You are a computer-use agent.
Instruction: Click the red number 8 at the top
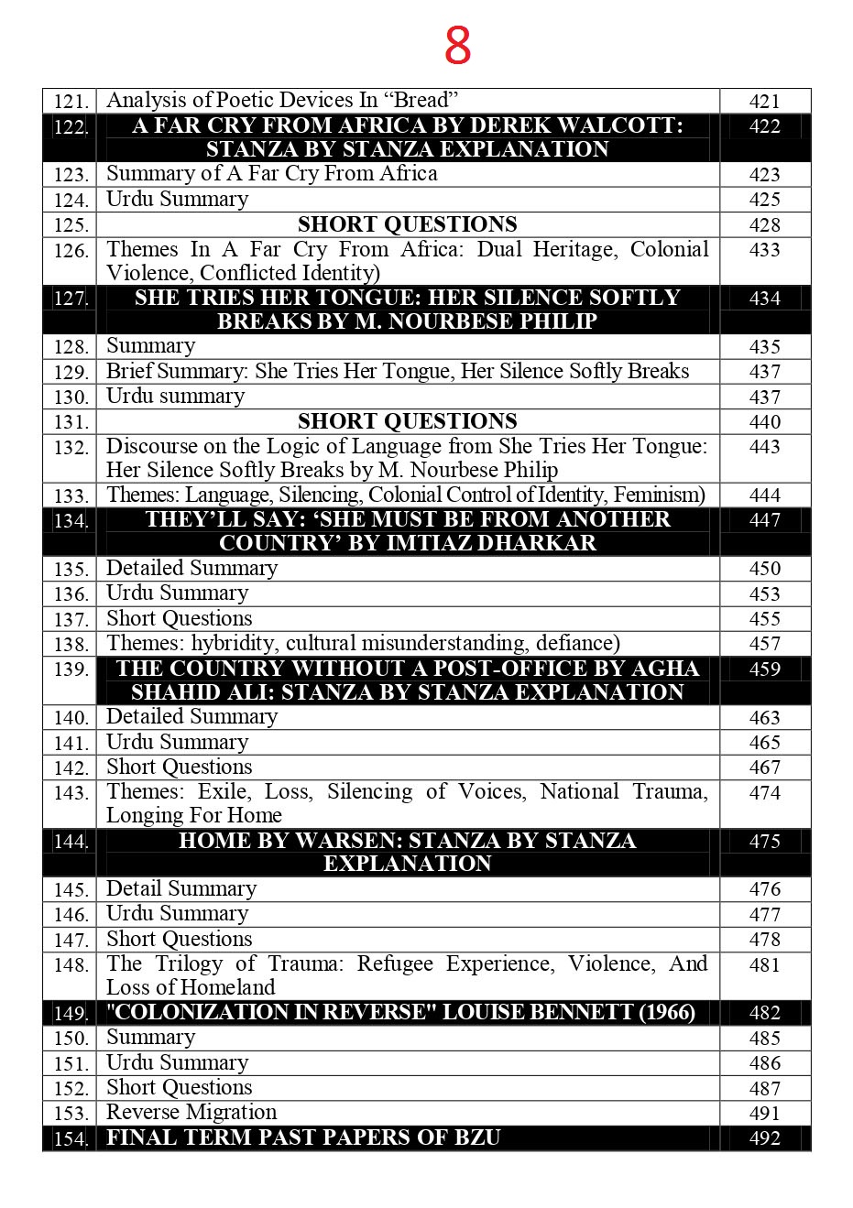(457, 45)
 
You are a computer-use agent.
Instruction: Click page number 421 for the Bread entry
(764, 102)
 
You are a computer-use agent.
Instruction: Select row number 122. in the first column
(70, 127)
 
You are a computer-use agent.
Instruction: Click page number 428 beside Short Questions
(764, 225)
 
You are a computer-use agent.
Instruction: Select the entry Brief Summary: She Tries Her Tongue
(397, 371)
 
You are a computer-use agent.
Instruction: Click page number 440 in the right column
(764, 422)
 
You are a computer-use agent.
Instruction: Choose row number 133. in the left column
(70, 496)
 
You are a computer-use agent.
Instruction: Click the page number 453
(764, 594)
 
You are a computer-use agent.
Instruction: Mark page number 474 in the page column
(764, 793)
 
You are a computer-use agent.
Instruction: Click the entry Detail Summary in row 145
(181, 888)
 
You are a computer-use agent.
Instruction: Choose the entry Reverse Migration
(191, 1112)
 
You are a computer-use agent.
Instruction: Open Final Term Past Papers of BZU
(303, 1137)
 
